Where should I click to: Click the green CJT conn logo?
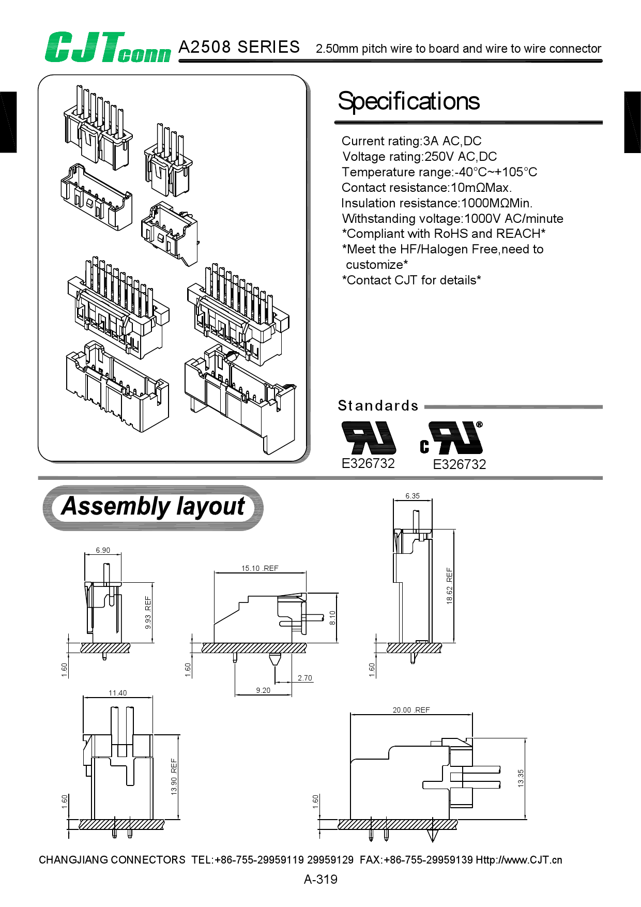tap(107, 48)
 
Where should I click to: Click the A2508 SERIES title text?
tap(239, 47)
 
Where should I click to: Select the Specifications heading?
tap(408, 101)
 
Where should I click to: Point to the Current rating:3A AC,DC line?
tap(411, 141)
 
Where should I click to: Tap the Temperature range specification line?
tap(439, 172)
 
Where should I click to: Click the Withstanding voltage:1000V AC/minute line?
tap(452, 219)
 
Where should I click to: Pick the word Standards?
tap(378, 406)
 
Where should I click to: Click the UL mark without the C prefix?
tap(369, 437)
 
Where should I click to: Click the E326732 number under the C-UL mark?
tap(459, 464)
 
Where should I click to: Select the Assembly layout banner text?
tap(153, 507)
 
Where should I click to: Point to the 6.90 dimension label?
tap(103, 550)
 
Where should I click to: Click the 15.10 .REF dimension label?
tap(260, 568)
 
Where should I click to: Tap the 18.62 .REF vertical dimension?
tap(449, 586)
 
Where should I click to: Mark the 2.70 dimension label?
tap(305, 678)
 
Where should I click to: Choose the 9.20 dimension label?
tap(263, 690)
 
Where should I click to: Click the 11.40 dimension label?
tap(117, 693)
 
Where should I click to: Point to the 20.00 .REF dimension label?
tap(411, 710)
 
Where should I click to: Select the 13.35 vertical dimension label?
tap(521, 778)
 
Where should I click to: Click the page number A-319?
tap(320, 880)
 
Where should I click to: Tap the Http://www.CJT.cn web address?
tap(518, 860)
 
